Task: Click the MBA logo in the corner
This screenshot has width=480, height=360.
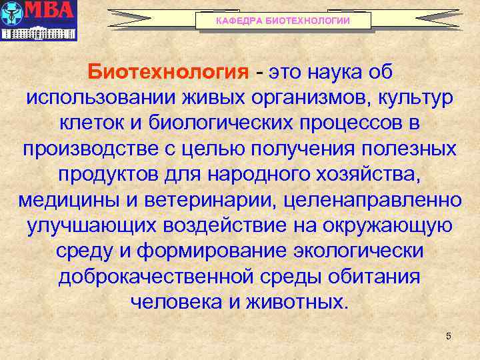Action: pos(39,21)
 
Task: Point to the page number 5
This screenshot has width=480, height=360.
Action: pos(449,335)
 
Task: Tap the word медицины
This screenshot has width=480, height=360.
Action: pos(64,199)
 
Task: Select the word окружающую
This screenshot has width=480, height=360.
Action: pos(389,225)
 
